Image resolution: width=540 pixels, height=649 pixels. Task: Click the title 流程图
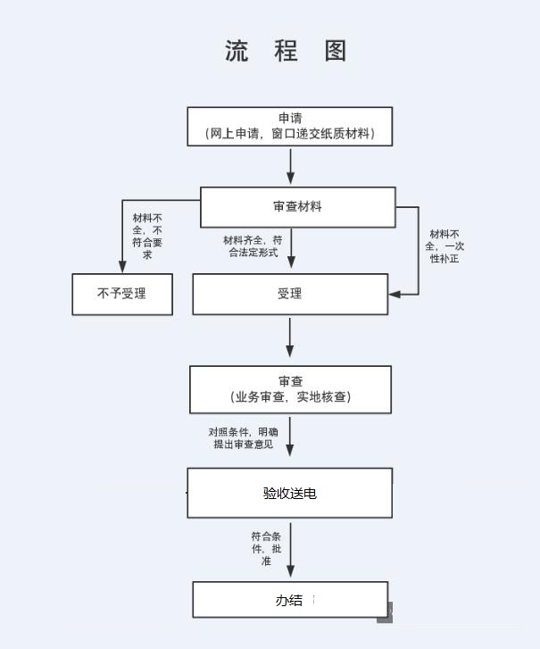click(x=286, y=51)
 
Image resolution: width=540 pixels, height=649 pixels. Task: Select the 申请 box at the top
click(x=289, y=126)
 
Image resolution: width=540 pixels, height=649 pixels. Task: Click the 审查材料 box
click(x=297, y=206)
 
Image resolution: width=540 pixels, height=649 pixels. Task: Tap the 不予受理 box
click(x=121, y=294)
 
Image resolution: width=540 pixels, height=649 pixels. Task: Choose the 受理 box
click(x=290, y=294)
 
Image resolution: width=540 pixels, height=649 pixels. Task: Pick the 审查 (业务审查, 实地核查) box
click(x=290, y=389)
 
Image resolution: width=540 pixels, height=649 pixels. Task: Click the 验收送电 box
click(x=289, y=493)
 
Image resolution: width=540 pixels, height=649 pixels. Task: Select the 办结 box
click(x=290, y=600)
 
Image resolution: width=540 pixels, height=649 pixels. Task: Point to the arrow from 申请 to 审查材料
click(x=290, y=166)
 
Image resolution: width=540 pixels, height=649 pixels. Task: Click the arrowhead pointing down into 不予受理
click(x=123, y=265)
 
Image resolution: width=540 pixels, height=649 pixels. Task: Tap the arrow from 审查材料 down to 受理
click(x=290, y=249)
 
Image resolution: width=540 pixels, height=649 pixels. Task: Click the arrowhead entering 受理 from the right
click(x=394, y=294)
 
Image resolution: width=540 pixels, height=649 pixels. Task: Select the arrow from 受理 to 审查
click(x=290, y=339)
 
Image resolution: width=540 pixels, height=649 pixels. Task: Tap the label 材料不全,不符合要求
click(x=147, y=236)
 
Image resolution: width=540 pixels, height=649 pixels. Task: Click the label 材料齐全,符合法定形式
click(x=253, y=245)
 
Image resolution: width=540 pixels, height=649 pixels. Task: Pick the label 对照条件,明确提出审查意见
click(x=243, y=437)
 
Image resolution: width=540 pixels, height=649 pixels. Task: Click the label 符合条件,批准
click(x=266, y=549)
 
